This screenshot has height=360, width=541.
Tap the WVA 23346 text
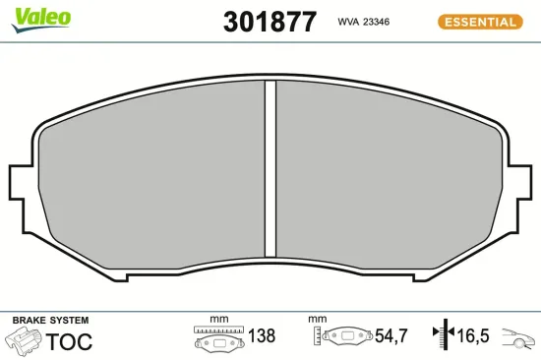point(365,21)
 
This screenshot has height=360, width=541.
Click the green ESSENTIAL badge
point(478,21)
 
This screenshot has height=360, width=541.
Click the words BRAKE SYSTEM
point(50,321)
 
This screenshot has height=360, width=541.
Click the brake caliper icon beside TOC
point(24,341)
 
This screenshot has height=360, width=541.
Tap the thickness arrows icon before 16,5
point(440,336)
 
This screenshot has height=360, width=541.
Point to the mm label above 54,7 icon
point(317,320)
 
